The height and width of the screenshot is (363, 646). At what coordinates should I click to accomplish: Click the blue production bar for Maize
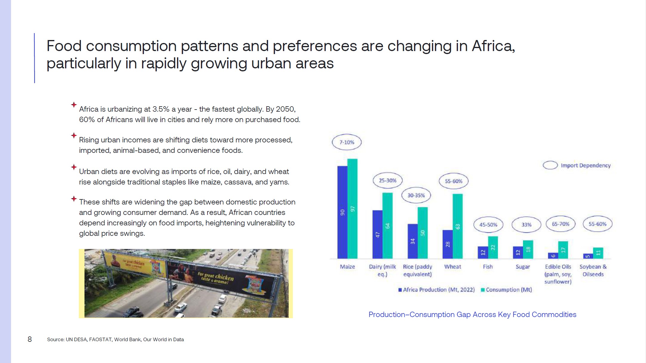click(x=342, y=212)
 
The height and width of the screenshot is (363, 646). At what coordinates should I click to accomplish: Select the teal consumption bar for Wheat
click(x=458, y=226)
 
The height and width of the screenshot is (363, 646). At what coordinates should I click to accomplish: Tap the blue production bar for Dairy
click(x=377, y=234)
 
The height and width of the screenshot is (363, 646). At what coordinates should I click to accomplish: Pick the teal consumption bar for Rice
click(x=422, y=233)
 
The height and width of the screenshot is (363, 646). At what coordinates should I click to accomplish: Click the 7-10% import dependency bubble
click(x=347, y=142)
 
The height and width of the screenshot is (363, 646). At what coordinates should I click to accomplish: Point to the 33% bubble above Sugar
click(x=526, y=224)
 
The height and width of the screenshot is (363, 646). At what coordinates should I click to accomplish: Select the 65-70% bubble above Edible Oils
click(x=560, y=224)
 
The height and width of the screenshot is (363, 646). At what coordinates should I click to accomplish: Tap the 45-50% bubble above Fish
click(x=488, y=224)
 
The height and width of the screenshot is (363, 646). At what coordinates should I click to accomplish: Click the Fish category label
click(x=488, y=267)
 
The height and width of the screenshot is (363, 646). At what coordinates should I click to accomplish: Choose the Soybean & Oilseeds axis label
click(x=593, y=270)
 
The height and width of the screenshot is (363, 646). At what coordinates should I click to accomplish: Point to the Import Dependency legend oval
click(x=550, y=165)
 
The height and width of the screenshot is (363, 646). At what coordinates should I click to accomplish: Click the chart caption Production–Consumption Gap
click(x=472, y=314)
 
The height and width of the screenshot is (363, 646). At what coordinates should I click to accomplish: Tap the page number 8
click(x=30, y=339)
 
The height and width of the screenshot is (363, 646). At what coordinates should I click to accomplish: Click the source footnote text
click(x=115, y=339)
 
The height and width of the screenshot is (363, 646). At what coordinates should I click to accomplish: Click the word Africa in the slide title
click(x=493, y=46)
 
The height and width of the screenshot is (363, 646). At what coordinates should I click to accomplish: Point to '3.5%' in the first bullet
click(x=161, y=109)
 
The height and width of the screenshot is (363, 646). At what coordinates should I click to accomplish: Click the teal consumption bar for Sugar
click(x=528, y=249)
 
